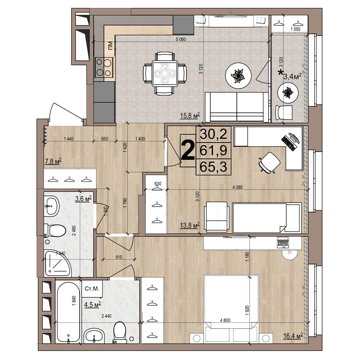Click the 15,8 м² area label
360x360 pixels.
(190, 115)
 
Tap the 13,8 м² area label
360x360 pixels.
(190, 225)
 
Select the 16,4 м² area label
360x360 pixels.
(293, 336)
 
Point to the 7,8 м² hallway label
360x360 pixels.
(53, 161)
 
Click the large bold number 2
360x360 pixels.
(188, 150)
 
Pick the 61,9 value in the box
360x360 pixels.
(213, 150)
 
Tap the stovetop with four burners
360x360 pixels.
(104, 67)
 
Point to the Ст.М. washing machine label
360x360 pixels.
(91, 289)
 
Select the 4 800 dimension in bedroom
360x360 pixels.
(225, 320)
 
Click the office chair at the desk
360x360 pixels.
(269, 162)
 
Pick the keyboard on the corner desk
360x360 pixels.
(288, 142)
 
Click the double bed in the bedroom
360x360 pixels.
(231, 308)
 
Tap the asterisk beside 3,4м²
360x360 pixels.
(280, 73)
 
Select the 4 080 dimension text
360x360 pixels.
(237, 187)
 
